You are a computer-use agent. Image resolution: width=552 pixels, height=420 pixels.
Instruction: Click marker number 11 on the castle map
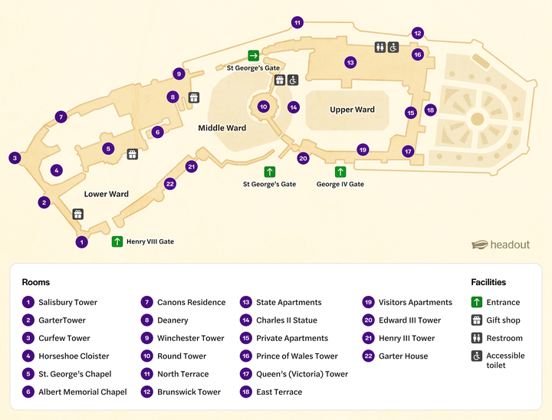pos(297,23)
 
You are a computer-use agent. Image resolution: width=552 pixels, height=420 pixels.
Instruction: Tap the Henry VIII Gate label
pos(150,242)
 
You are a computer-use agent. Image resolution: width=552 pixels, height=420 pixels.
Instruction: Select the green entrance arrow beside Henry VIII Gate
pos(117,241)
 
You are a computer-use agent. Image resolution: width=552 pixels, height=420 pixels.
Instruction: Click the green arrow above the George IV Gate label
pos(340,172)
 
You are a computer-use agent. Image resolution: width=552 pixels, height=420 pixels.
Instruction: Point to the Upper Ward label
pos(352,110)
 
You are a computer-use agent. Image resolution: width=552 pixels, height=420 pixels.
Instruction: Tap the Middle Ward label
pos(222,128)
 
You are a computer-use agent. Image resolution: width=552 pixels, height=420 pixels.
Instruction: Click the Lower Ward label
pos(107,194)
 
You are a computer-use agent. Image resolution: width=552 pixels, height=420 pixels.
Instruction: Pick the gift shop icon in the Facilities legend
pos(476,320)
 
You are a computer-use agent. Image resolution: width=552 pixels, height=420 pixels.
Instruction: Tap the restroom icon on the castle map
pos(379,48)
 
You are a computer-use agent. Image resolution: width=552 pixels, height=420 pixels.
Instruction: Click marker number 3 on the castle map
pos(15,158)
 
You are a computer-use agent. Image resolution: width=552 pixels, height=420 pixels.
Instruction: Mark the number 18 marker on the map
pos(430,110)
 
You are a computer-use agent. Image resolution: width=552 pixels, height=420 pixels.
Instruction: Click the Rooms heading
pos(36,282)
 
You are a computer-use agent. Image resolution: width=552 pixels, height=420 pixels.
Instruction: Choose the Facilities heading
pos(488,282)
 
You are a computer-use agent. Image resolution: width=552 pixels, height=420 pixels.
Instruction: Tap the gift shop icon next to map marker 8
pos(193,97)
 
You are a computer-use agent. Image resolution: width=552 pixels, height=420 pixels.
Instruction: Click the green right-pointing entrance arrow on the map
pos(253,55)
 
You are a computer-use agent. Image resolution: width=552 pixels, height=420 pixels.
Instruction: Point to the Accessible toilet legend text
pos(505,360)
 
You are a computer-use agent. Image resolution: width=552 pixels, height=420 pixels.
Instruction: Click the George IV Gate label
pos(340,185)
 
